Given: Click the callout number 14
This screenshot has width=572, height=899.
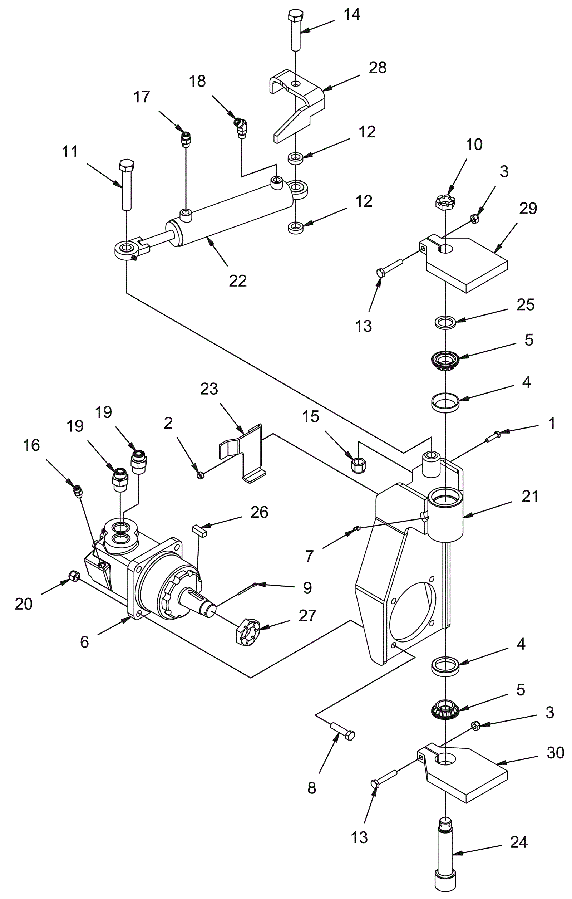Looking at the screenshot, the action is tap(352, 15).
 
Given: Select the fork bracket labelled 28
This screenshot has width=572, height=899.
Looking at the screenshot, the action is tap(297, 105).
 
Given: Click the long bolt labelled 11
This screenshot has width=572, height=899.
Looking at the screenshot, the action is tap(126, 185).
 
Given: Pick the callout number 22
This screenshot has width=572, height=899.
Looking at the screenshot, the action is tap(238, 281).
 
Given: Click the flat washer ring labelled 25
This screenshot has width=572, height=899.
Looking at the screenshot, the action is tap(445, 322).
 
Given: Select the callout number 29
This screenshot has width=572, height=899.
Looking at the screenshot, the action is tap(528, 209).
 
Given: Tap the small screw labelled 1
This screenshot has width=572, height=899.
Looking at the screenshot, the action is tap(493, 436).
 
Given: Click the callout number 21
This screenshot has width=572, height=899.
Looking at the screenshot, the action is tap(530, 497).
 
